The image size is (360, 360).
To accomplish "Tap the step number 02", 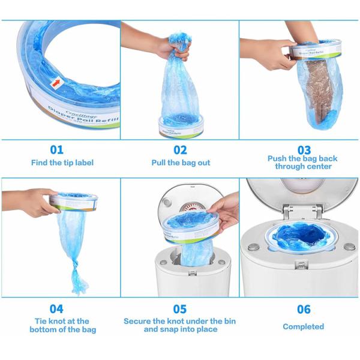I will pyautogui.click(x=181, y=149).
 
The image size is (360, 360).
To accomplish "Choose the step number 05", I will pyautogui.click(x=180, y=309).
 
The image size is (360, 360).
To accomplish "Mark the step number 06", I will pyautogui.click(x=304, y=309).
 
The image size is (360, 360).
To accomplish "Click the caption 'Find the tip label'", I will pyautogui.click(x=62, y=163).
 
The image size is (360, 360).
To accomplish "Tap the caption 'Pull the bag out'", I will pyautogui.click(x=181, y=163).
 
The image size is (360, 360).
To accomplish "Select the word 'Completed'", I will pyautogui.click(x=304, y=326).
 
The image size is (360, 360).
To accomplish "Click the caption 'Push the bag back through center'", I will pyautogui.click(x=303, y=163).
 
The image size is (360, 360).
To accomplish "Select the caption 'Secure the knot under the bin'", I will pyautogui.click(x=180, y=325).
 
